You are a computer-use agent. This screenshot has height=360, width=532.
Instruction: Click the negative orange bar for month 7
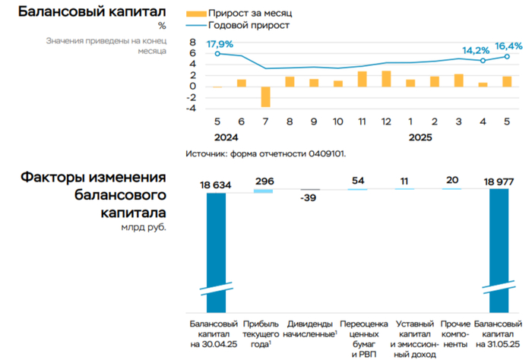tap(266, 96)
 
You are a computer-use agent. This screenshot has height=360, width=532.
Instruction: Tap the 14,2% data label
tap(477, 52)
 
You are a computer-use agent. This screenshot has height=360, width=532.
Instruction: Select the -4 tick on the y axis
tap(193, 109)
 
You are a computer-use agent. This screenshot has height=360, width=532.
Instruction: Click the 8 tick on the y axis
tap(193, 43)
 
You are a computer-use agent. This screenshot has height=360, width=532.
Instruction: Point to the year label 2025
tap(422, 138)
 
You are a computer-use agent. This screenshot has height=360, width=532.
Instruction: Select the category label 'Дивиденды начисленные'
tap(309, 329)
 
